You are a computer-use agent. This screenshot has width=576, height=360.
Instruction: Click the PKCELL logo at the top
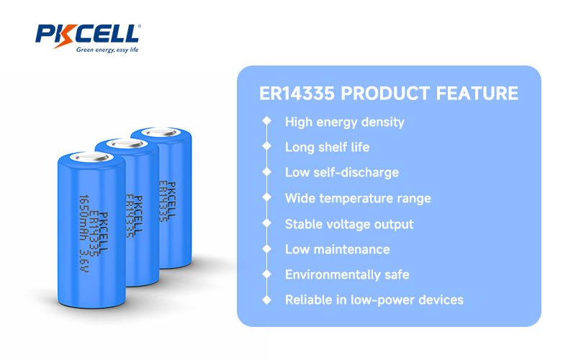tap(88, 38)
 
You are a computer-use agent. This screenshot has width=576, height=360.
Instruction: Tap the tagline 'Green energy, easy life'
tap(107, 50)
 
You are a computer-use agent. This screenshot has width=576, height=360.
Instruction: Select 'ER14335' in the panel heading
tap(297, 94)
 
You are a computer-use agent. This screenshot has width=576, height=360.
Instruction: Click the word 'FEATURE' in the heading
tap(477, 94)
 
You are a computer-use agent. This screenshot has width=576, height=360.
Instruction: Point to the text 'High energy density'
tap(345, 122)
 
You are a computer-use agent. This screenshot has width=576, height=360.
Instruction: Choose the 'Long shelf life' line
tap(328, 148)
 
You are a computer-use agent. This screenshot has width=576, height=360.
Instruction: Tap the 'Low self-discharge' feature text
tap(342, 173)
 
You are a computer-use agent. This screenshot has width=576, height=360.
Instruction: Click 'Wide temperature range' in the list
tap(358, 199)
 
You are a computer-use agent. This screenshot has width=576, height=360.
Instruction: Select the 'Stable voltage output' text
tap(349, 224)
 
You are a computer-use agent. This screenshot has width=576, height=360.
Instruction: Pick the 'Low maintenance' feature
tap(338, 249)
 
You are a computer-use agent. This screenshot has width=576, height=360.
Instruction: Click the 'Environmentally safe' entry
tap(347, 275)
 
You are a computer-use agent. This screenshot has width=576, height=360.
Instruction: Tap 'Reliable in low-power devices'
tap(374, 300)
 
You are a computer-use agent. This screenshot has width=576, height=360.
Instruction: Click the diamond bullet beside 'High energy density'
tap(266, 121)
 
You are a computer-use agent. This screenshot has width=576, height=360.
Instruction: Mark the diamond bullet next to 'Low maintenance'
tap(266, 248)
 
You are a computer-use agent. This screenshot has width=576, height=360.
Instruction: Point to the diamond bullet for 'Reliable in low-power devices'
tap(266, 300)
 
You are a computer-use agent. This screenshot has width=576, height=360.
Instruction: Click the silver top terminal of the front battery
tap(92, 157)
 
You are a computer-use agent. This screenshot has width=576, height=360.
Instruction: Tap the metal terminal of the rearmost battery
tap(161, 132)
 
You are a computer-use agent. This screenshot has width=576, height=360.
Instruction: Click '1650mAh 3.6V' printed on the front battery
tap(84, 233)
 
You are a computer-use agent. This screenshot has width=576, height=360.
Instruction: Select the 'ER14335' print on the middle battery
tap(130, 216)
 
